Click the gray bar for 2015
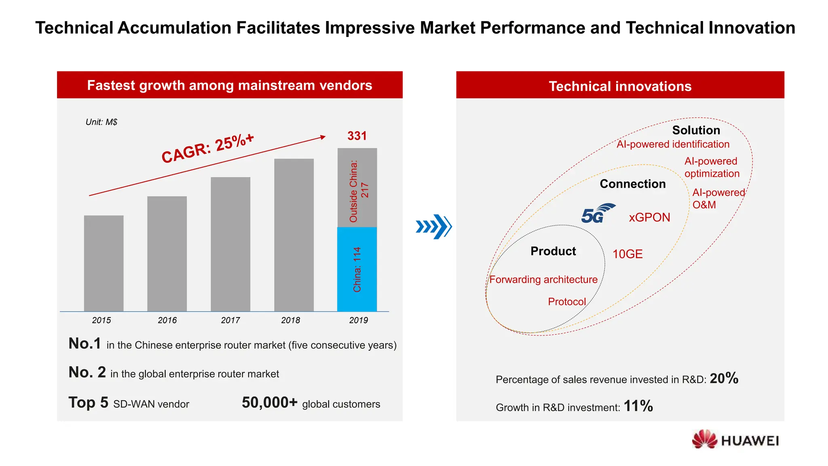(103, 263)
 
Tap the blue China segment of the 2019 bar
(357, 269)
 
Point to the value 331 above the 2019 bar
(357, 136)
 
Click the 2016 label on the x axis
(167, 320)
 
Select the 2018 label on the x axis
(291, 320)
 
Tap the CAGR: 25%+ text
(208, 148)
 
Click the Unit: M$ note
(101, 122)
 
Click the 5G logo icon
(597, 214)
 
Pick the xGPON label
(649, 218)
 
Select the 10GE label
(627, 254)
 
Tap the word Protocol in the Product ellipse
(566, 302)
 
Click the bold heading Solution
(696, 130)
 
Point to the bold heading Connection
(632, 184)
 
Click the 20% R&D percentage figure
(724, 379)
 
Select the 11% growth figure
(638, 406)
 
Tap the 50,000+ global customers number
(269, 403)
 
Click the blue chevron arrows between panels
(433, 227)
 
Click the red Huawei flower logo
(704, 439)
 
